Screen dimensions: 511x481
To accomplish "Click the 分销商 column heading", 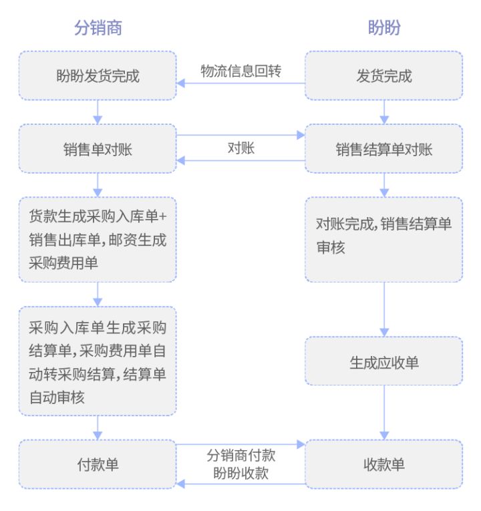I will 98,27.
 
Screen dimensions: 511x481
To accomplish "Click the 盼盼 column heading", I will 384,27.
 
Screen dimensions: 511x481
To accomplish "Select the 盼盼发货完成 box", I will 98,75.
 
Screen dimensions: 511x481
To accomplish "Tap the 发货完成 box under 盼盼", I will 384,75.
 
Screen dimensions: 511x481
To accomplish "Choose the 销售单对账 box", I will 98,148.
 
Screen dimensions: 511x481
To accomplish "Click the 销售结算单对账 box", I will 384,148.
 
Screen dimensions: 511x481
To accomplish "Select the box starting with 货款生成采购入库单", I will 98,239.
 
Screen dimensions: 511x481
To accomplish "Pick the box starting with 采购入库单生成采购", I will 98,361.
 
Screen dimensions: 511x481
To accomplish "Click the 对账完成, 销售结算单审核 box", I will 384,239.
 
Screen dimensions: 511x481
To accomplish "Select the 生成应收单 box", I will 384,361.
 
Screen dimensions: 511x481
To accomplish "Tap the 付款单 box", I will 98,464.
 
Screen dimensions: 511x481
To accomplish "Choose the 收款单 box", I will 384,464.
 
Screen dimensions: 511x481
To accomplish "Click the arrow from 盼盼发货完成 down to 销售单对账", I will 98,112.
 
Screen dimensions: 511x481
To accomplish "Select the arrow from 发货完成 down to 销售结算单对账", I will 384,112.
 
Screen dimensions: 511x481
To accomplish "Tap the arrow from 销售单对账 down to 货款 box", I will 98,184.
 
